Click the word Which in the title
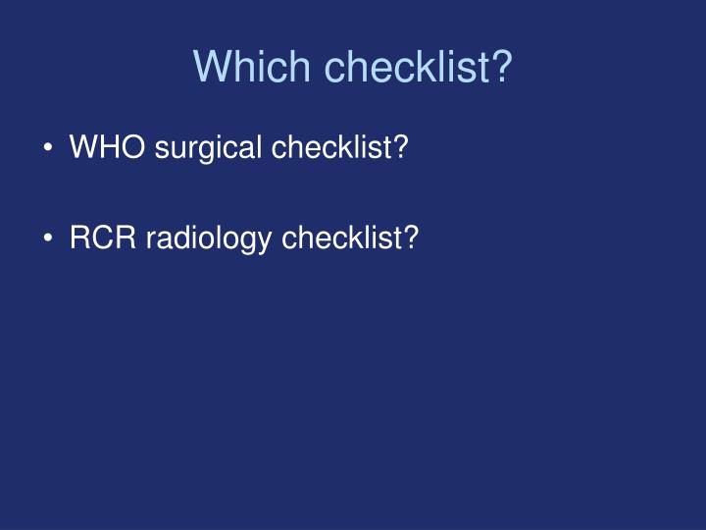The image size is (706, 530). pyautogui.click(x=254, y=67)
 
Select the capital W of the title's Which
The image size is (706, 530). pyautogui.click(x=212, y=67)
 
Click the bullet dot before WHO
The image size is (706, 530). pyautogui.click(x=49, y=148)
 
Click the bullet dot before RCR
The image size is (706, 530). pyautogui.click(x=49, y=238)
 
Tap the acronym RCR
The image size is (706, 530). pyautogui.click(x=103, y=237)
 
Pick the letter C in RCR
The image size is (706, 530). pyautogui.click(x=103, y=237)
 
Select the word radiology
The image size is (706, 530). pyautogui.click(x=209, y=238)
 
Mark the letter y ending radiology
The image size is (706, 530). pyautogui.click(x=266, y=240)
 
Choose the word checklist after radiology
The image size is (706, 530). pyautogui.click(x=341, y=237)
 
